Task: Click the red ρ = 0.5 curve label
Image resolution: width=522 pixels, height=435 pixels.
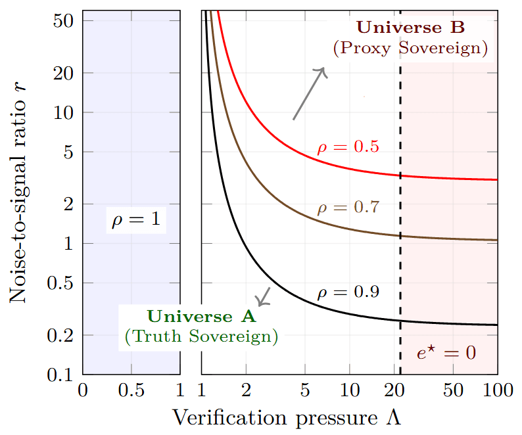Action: point(348,147)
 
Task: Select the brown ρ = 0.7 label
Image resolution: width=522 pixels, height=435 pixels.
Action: point(348,208)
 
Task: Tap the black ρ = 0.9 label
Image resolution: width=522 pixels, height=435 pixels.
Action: point(348,292)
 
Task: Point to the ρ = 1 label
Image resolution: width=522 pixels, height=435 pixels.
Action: point(135,220)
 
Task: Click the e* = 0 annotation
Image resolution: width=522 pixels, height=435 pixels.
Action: point(446,353)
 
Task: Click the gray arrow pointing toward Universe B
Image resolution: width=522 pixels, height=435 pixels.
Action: point(310,94)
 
